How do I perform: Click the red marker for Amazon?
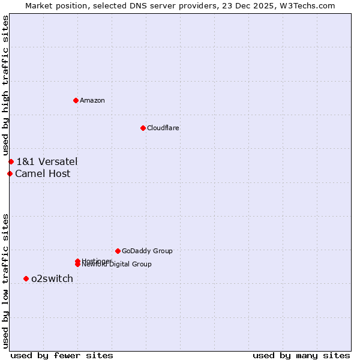76,100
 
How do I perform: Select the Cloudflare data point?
143,128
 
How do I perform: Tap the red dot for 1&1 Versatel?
11,161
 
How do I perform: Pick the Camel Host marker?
10,174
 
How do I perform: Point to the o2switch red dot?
26,278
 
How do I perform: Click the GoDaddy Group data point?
118,251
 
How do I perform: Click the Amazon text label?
92,100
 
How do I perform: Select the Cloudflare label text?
163,128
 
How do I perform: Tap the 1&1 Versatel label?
47,161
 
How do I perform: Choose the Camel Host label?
43,174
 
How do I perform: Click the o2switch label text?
52,278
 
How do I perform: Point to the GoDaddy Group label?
147,251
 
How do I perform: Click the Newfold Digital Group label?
118,265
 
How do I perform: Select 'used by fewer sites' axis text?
62,355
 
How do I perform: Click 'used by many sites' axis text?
301,355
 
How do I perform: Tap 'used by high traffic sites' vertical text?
6,86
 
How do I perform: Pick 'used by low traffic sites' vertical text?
6,280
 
